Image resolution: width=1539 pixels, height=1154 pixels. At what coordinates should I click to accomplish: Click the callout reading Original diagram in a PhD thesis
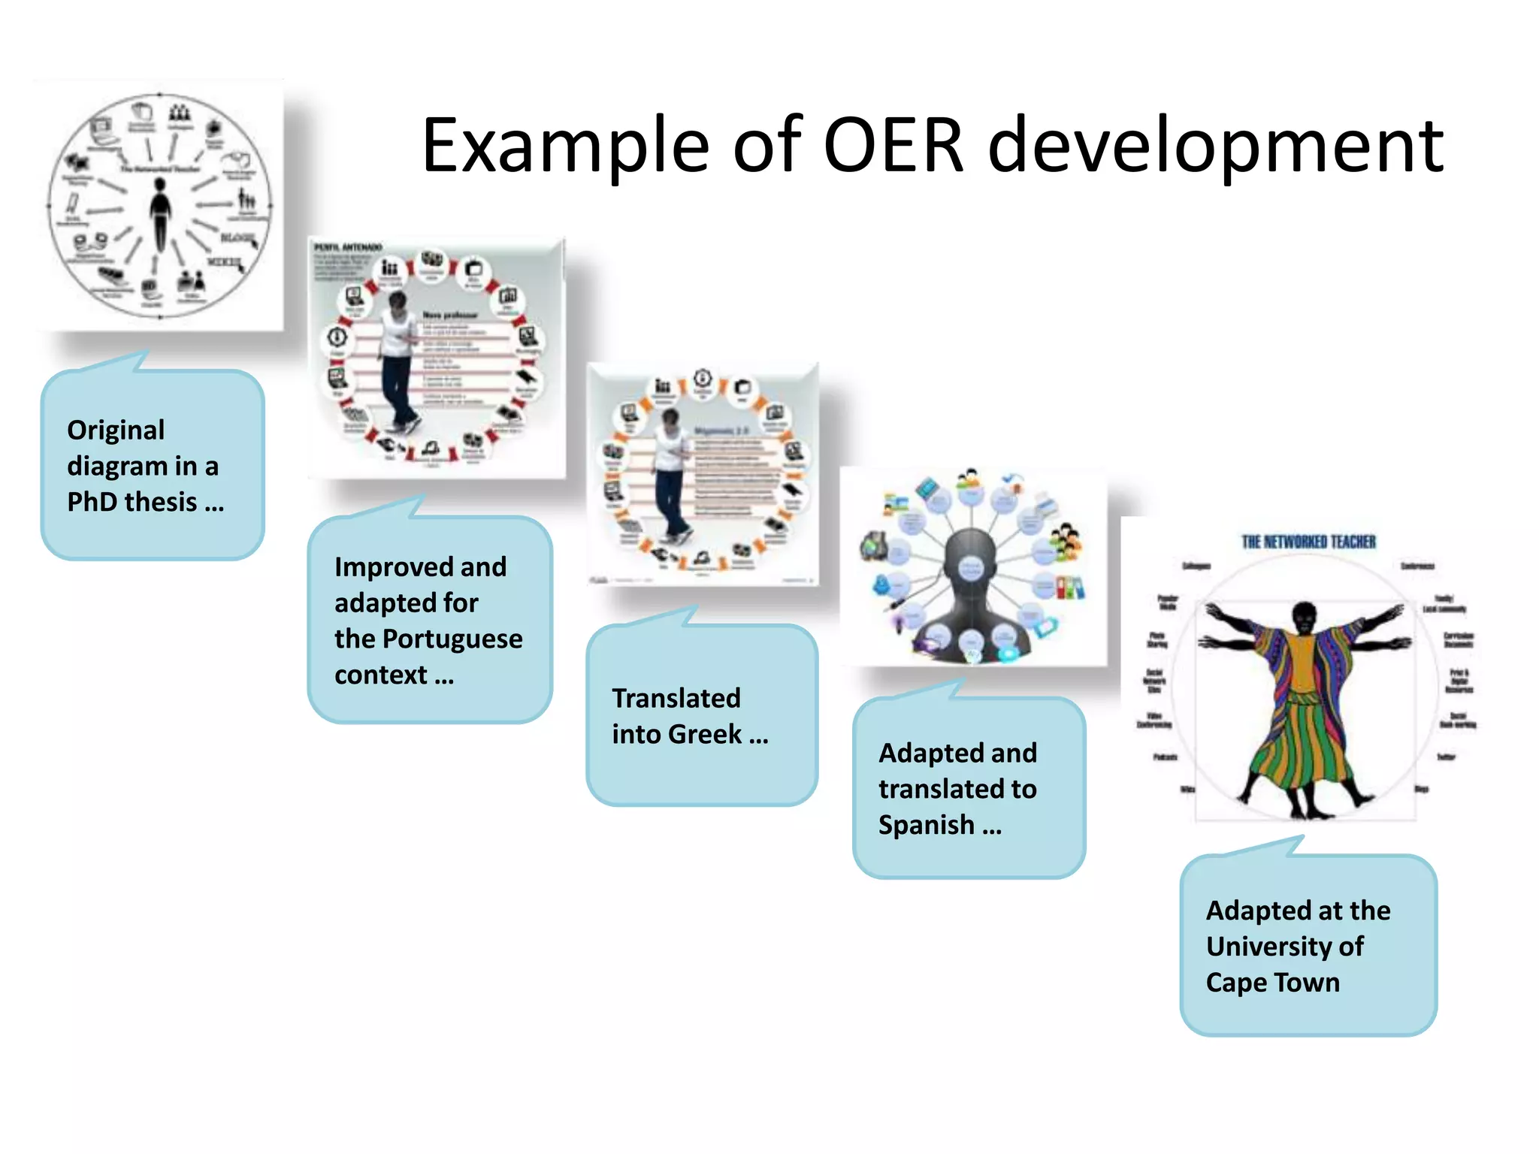(x=153, y=466)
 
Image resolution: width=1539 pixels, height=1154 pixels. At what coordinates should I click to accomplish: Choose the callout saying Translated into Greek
(x=701, y=715)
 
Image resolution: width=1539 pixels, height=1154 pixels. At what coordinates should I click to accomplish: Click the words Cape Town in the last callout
(x=1272, y=983)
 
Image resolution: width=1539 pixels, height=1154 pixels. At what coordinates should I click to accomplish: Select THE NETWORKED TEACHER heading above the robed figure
(x=1308, y=542)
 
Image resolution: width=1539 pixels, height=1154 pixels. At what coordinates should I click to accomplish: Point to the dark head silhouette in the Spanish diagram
(x=971, y=571)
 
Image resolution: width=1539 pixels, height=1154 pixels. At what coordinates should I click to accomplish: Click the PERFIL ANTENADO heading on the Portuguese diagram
(x=348, y=247)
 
